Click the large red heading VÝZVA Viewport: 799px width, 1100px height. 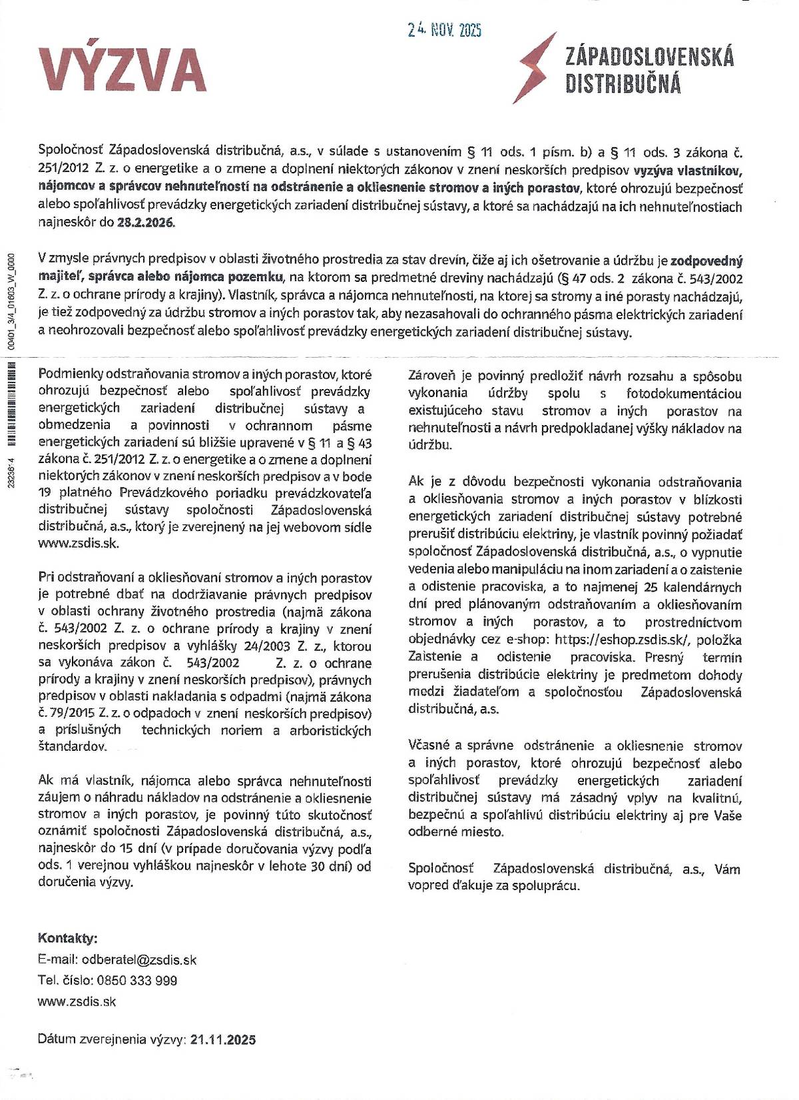(123, 69)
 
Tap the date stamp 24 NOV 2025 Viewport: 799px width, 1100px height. (444, 29)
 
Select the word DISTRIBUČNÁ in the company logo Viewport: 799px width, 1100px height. (623, 84)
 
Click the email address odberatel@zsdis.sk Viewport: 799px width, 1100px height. (139, 959)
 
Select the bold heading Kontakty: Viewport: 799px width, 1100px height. (68, 938)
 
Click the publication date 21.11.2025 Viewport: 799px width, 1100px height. (222, 1039)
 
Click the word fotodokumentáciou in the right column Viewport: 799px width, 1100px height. (684, 393)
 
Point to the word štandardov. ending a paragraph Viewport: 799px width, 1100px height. (73, 746)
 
